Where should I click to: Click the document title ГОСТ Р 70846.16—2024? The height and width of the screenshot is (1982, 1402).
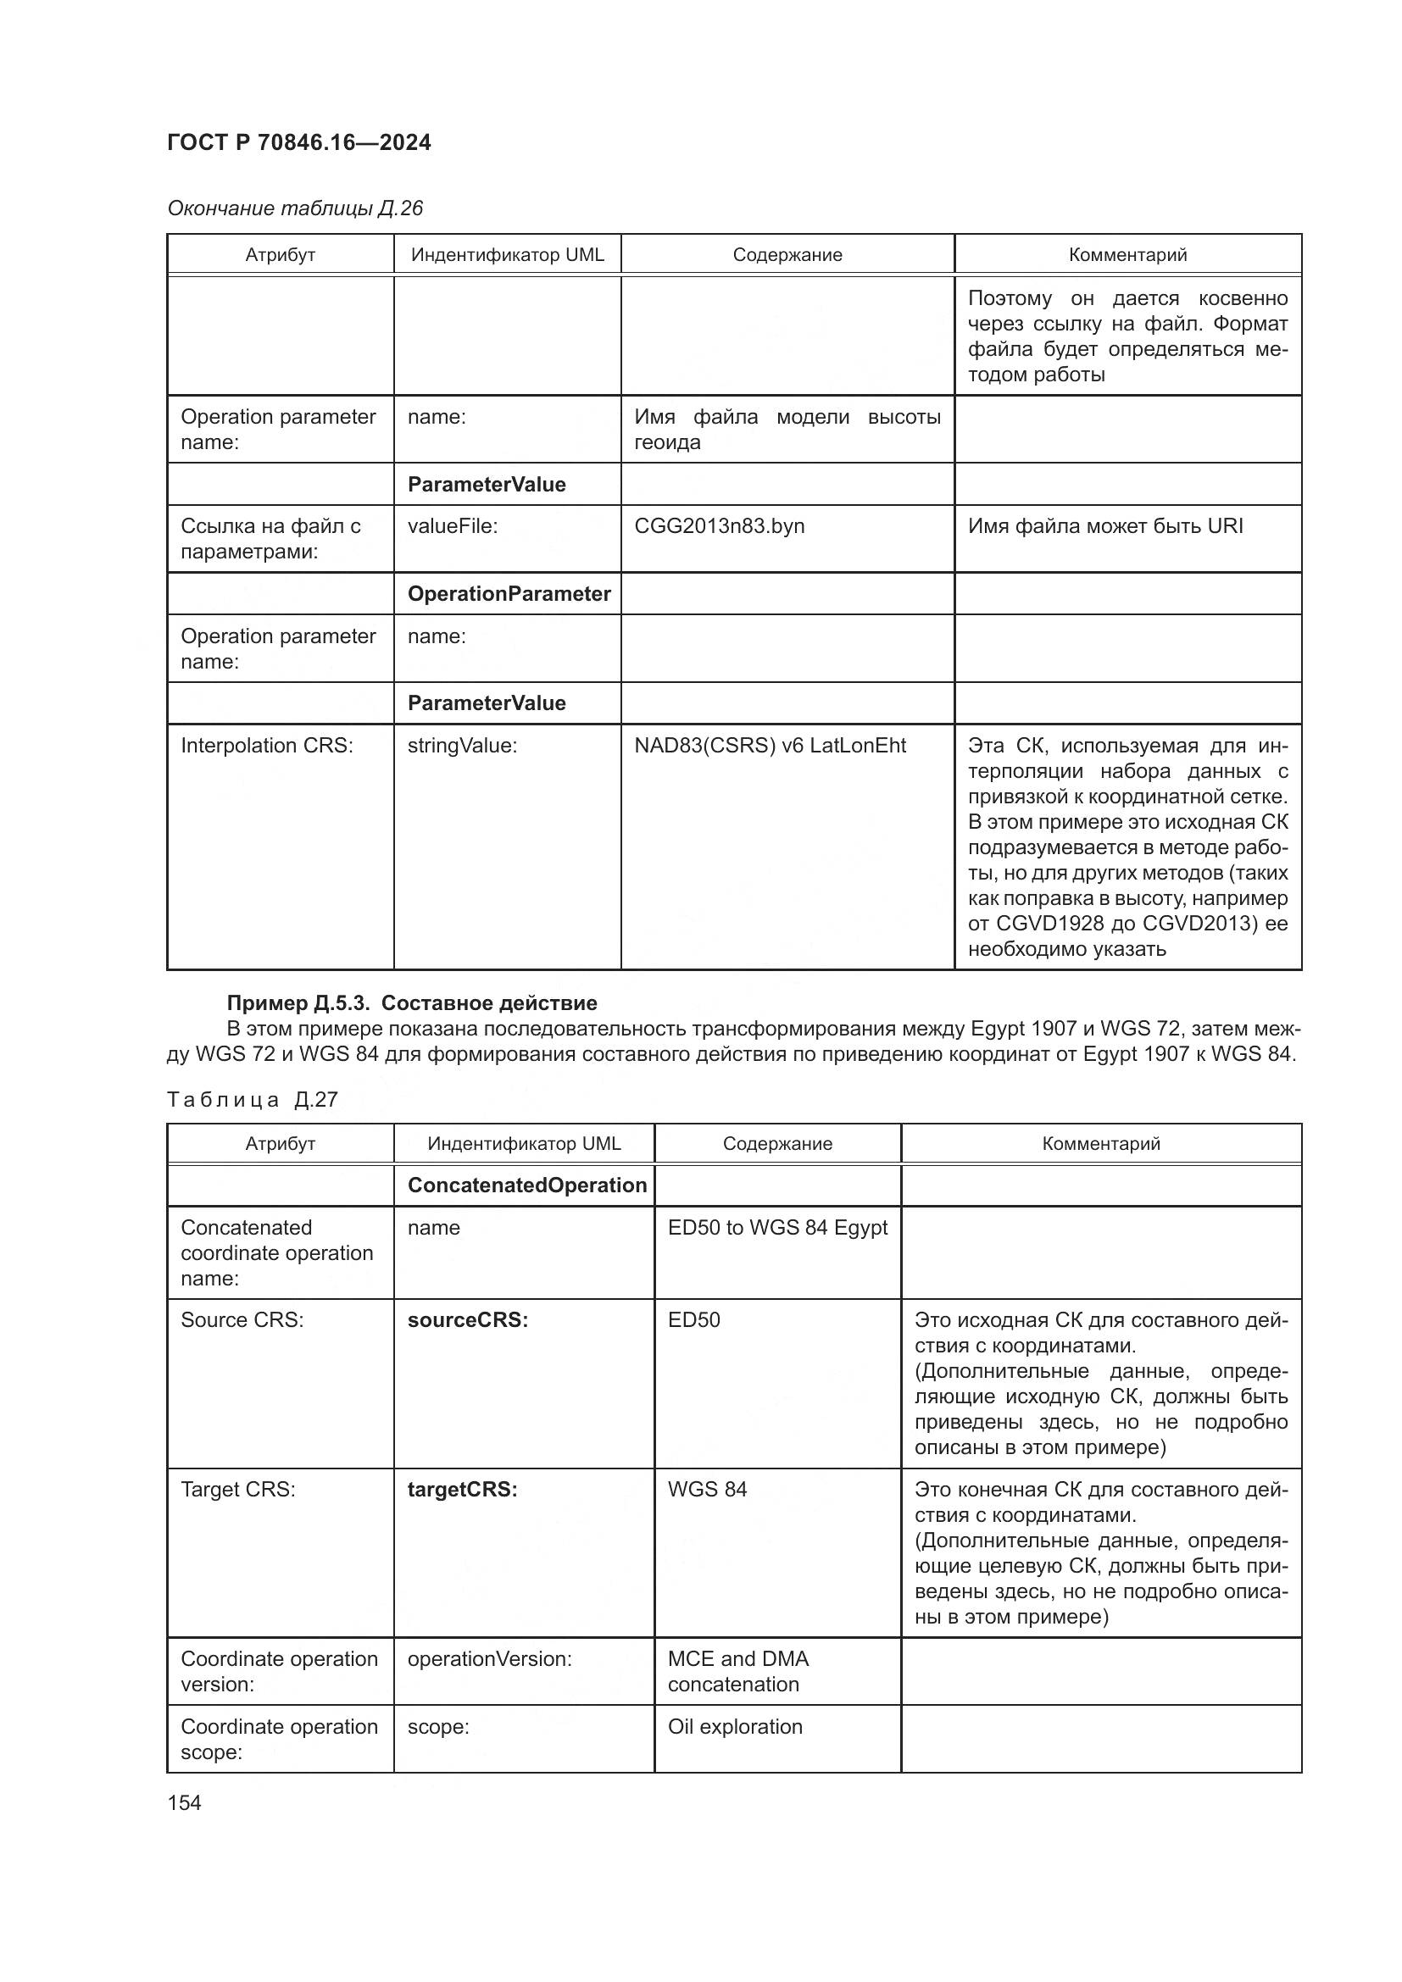click(x=298, y=142)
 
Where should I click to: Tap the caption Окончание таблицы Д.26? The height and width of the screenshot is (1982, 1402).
click(x=294, y=208)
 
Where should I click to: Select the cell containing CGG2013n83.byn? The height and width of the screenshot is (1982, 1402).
click(x=719, y=525)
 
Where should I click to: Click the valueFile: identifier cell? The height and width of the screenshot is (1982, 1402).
click(x=453, y=525)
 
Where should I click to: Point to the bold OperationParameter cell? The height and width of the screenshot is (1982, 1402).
click(x=509, y=594)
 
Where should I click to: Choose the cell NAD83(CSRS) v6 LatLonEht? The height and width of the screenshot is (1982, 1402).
click(x=770, y=745)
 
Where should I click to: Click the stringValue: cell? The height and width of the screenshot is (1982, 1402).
click(x=462, y=745)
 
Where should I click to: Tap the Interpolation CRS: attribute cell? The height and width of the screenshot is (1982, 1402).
click(x=267, y=745)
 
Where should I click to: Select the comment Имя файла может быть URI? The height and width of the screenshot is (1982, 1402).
click(x=1105, y=525)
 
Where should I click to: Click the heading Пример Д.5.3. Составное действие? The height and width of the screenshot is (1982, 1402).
click(x=412, y=1002)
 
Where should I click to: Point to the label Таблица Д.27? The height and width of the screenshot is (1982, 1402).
click(x=252, y=1099)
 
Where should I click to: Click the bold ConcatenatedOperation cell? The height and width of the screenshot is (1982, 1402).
click(x=526, y=1185)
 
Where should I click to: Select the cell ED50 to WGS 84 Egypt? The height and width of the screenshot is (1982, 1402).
click(x=777, y=1228)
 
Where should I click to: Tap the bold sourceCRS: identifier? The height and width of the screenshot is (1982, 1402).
click(x=467, y=1320)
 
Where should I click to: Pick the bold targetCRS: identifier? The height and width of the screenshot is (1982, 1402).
click(x=462, y=1489)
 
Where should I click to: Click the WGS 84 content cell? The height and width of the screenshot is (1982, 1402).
click(x=707, y=1489)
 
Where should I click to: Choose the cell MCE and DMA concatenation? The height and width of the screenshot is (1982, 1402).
click(x=738, y=1671)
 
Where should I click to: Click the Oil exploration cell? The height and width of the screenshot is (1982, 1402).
click(x=735, y=1726)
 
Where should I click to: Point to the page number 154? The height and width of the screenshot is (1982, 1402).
click(x=184, y=1802)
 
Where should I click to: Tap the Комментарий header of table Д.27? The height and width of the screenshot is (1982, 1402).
click(x=1101, y=1144)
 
